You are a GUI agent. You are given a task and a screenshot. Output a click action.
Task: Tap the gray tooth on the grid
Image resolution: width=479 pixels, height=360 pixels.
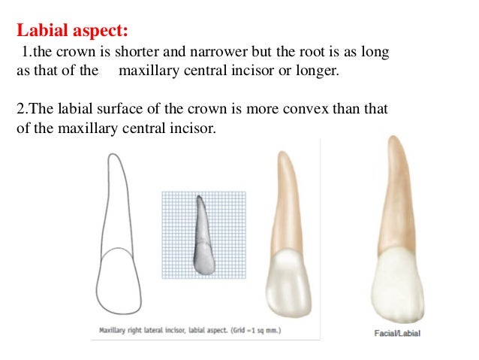pos(200,241)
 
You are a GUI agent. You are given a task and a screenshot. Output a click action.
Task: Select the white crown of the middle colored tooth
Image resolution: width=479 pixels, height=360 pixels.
pos(288,278)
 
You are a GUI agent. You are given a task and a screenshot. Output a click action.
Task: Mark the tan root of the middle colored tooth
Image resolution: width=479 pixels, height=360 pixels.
pos(285,203)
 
